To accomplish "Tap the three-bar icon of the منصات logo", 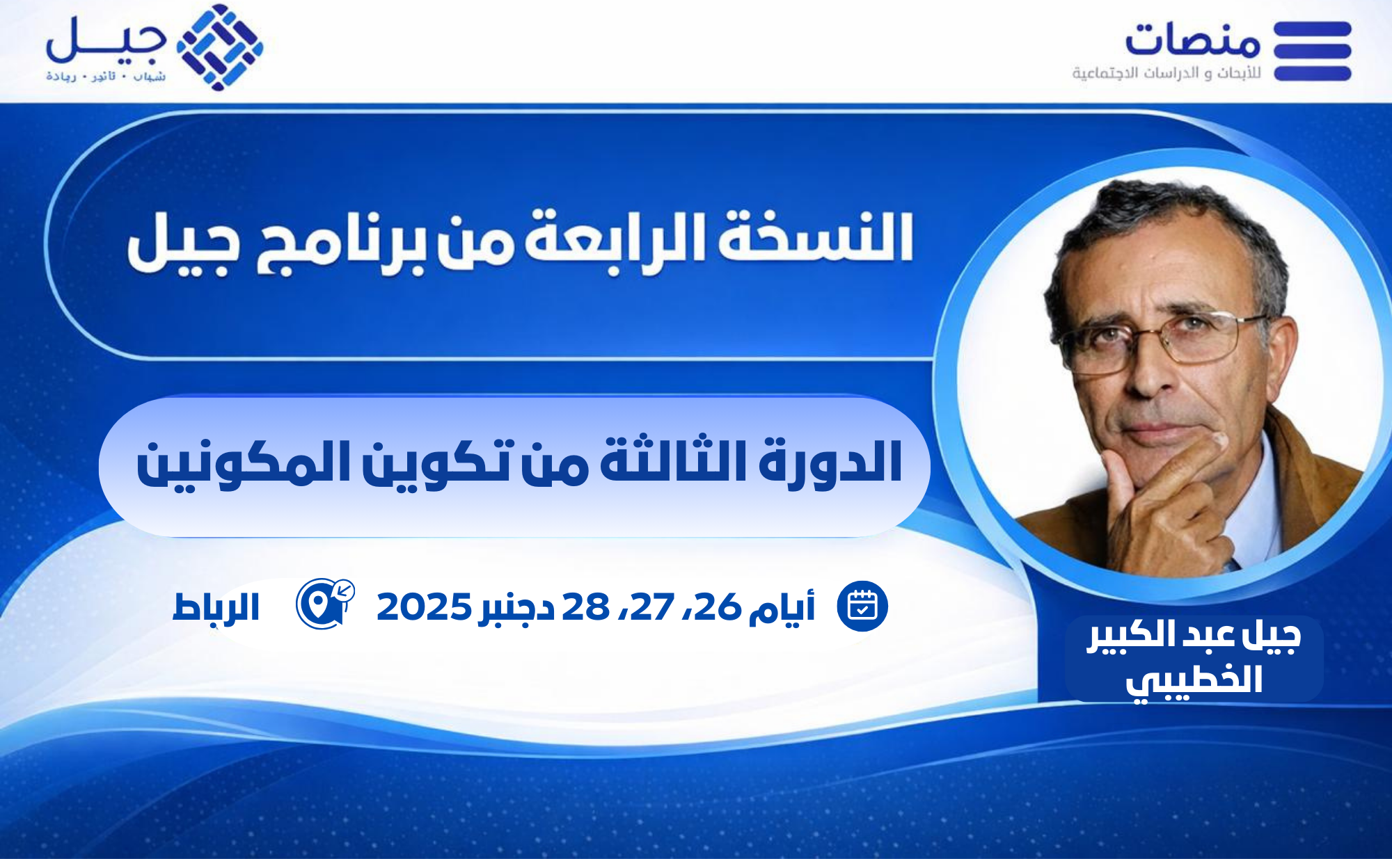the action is pyautogui.click(x=1313, y=51).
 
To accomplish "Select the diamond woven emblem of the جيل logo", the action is pyautogui.click(x=220, y=47).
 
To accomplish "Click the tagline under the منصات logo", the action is pyautogui.click(x=1166, y=73).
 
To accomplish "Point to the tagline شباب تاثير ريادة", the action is pyautogui.click(x=106, y=76).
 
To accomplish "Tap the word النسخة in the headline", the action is pyautogui.click(x=815, y=236).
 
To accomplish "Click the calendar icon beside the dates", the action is pyautogui.click(x=862, y=607).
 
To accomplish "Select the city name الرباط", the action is pyautogui.click(x=216, y=607).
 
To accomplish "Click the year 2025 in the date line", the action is pyautogui.click(x=424, y=607).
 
